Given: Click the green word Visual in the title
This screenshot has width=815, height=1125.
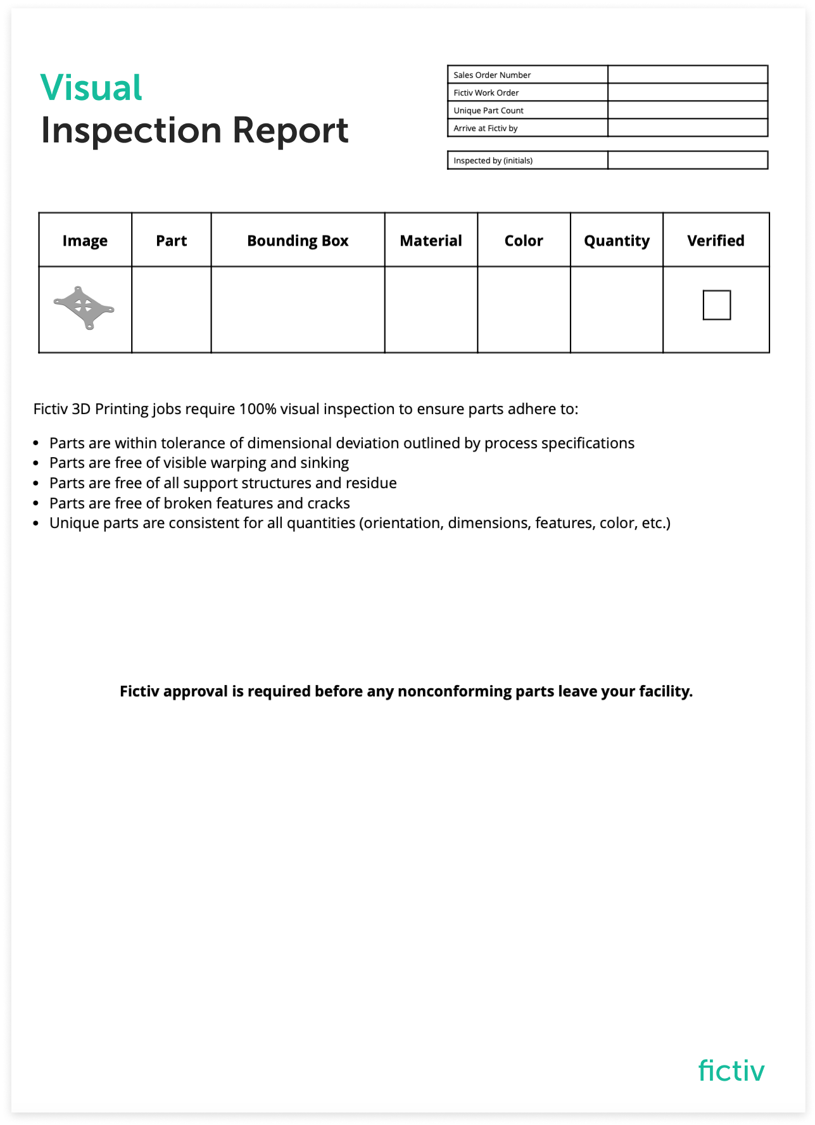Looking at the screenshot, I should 91,87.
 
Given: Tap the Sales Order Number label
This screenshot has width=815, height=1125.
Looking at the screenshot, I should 492,75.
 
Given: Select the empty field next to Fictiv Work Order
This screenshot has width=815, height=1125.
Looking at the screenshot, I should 687,92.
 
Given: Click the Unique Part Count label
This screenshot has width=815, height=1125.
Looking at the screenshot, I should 488,110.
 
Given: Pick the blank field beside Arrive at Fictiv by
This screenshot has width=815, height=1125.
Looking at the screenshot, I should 687,128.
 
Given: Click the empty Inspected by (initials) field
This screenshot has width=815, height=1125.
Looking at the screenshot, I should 687,160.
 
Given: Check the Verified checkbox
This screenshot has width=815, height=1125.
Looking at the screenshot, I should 716,305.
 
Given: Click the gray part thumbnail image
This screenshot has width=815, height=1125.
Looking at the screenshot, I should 84,308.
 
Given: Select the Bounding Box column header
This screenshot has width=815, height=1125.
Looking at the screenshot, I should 298,241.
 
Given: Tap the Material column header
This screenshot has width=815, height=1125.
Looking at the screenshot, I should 431,241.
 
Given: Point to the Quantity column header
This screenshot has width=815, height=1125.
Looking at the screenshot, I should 616,241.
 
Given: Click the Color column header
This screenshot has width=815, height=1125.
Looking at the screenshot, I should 524,241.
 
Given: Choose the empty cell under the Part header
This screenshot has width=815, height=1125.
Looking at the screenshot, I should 171,309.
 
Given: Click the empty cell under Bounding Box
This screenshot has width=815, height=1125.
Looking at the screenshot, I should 298,309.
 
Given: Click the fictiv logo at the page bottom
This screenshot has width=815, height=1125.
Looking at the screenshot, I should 731,1071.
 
